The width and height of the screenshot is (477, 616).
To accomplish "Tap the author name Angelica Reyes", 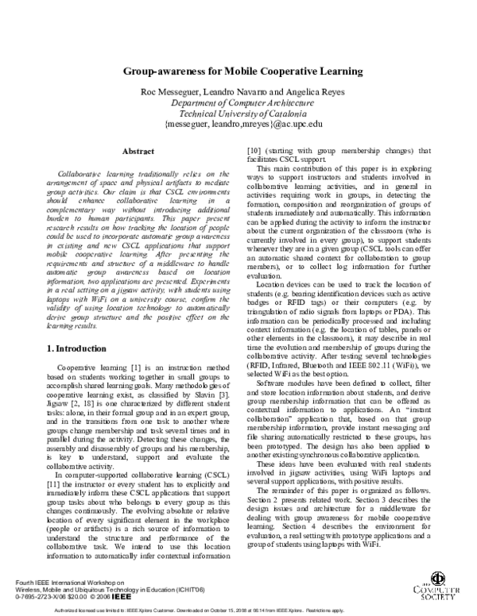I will pyautogui.click(x=311, y=92).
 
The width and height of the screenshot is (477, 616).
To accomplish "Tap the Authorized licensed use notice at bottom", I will pyautogui.click(x=238, y=610).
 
